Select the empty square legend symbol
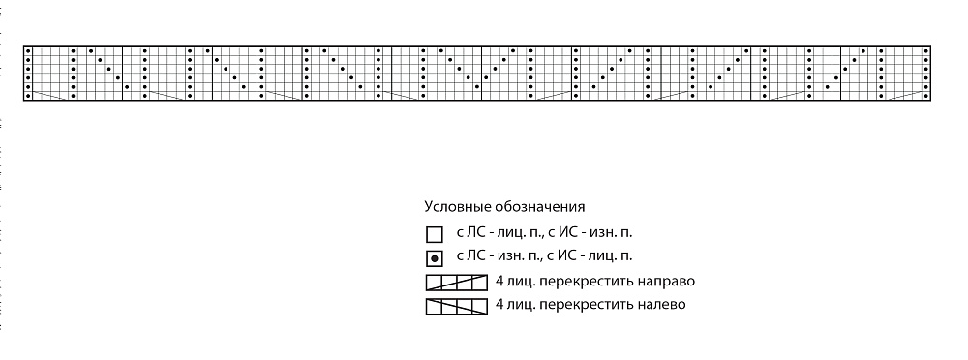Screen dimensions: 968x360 435,234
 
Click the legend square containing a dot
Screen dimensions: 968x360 435,258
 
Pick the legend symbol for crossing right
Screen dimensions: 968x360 457,283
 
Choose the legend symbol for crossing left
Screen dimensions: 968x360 457,306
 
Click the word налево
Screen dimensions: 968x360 665,305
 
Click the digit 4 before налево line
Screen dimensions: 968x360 499,305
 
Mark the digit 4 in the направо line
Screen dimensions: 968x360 499,282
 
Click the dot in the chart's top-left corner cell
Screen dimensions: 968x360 28,50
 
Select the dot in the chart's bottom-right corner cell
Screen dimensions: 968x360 926,97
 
